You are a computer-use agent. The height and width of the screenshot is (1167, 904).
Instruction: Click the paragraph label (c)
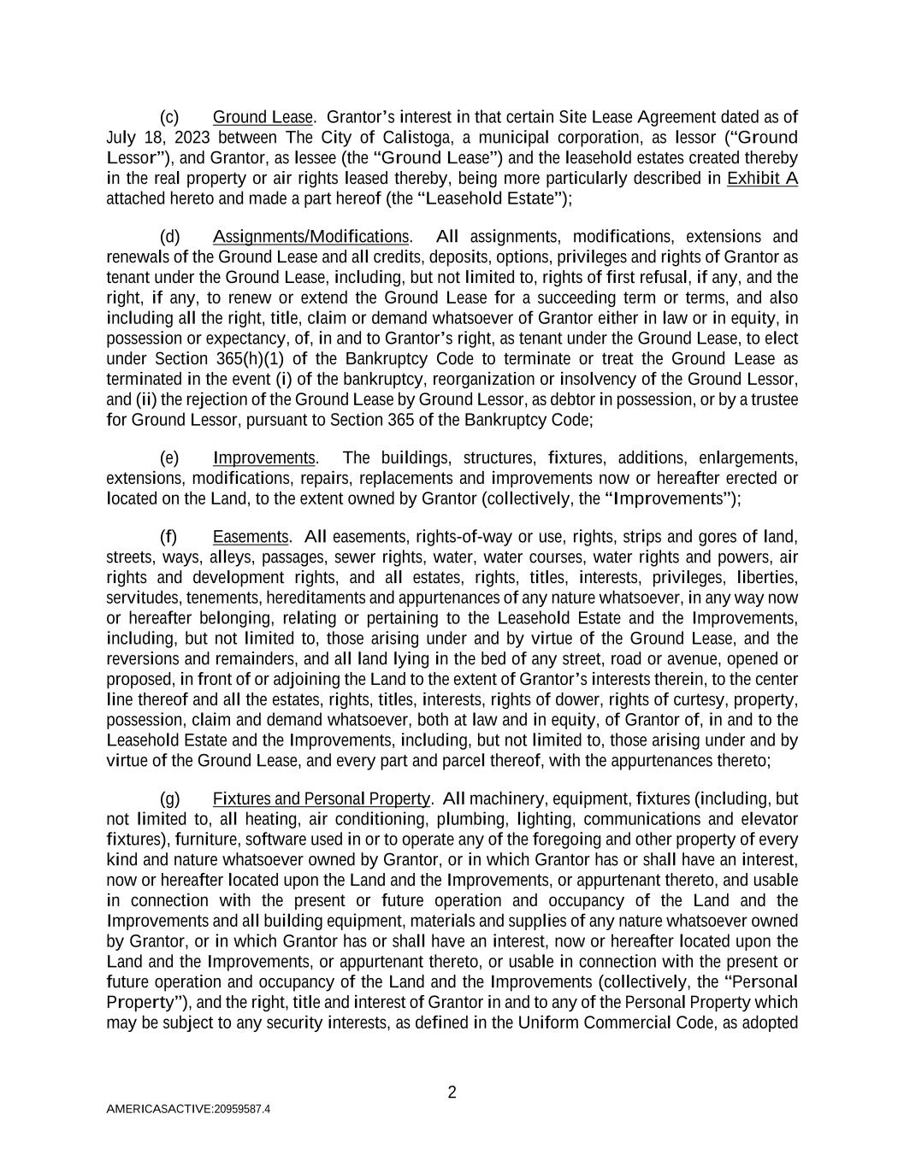(x=169, y=117)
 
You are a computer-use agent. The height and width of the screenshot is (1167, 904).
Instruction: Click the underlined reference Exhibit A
(x=762, y=178)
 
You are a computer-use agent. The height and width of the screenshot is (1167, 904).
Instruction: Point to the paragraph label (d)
(x=169, y=237)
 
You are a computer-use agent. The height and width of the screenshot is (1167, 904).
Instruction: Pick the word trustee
(x=772, y=399)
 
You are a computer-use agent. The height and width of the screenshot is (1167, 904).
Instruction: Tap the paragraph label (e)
(x=169, y=458)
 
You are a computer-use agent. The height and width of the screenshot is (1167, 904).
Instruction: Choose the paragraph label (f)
(x=169, y=537)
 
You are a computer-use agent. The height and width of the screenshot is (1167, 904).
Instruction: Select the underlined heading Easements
(x=251, y=537)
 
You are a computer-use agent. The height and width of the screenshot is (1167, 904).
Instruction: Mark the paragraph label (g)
(x=169, y=799)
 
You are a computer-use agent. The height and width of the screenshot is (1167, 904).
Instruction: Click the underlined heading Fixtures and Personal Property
(x=322, y=799)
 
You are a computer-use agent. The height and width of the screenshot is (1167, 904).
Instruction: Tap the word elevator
(x=769, y=819)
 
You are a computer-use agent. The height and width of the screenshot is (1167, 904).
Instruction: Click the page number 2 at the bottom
(x=452, y=1092)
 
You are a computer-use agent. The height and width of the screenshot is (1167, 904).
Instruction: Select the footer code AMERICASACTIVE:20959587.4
(x=188, y=1109)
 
